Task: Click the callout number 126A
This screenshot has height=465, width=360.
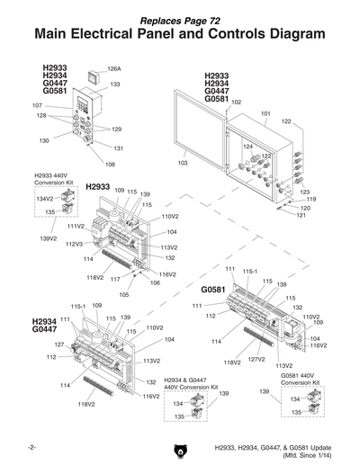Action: (114, 68)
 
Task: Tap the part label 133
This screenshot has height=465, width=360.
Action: (115, 84)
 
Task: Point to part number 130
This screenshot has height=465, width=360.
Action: (44, 141)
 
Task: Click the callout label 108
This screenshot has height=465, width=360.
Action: (110, 164)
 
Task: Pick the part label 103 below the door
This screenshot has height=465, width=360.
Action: (183, 163)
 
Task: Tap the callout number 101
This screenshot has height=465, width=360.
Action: (265, 114)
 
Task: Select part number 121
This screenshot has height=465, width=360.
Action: (301, 216)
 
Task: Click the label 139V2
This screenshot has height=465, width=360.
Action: (49, 238)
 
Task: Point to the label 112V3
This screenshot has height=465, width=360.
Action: (74, 244)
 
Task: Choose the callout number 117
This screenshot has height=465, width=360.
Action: (115, 280)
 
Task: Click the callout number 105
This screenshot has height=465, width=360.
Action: (123, 294)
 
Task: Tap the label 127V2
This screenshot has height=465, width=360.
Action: (256, 359)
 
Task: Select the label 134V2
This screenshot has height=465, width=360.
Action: (44, 198)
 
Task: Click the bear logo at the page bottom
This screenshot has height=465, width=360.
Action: (180, 449)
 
